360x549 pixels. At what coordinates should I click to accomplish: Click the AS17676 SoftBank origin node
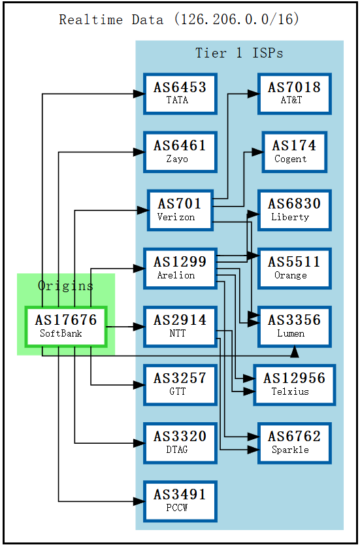pyautogui.click(x=65, y=326)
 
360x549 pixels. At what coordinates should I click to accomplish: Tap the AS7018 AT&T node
pyautogui.click(x=294, y=93)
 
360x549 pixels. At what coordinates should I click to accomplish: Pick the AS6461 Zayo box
pyautogui.click(x=180, y=152)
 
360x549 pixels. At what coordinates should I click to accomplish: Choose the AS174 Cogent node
pyautogui.click(x=294, y=152)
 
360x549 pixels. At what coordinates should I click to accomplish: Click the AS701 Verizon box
pyautogui.click(x=180, y=210)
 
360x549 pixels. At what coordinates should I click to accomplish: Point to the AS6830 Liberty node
pyautogui.click(x=294, y=210)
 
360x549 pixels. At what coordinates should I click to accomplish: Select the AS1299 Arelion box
pyautogui.click(x=180, y=268)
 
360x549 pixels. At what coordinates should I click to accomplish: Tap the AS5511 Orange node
pyautogui.click(x=294, y=268)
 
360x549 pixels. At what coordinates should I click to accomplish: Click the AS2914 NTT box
pyautogui.click(x=180, y=326)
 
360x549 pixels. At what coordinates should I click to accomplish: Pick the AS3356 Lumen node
pyautogui.click(x=294, y=326)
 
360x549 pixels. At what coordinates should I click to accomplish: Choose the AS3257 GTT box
pyautogui.click(x=180, y=384)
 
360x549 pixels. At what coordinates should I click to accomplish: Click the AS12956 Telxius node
pyautogui.click(x=294, y=384)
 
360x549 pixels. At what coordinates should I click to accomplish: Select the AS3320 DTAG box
pyautogui.click(x=180, y=442)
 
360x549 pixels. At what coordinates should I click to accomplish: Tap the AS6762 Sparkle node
pyautogui.click(x=294, y=442)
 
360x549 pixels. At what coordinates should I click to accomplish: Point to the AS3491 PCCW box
pyautogui.click(x=180, y=501)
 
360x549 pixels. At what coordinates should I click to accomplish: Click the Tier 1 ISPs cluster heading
pyautogui.click(x=239, y=53)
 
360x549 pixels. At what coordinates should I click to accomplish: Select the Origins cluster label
pyautogui.click(x=65, y=286)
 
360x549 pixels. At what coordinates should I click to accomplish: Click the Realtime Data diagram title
pyautogui.click(x=179, y=19)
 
